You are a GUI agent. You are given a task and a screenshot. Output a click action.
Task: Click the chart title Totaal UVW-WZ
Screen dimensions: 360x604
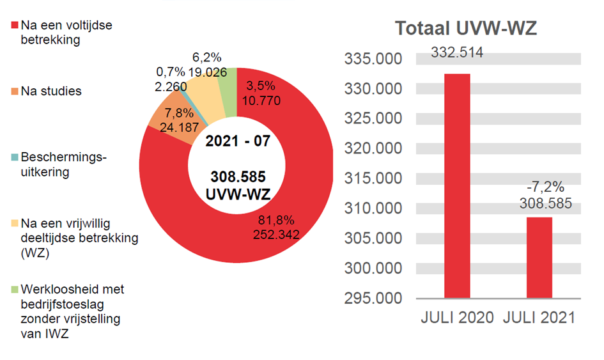(465, 29)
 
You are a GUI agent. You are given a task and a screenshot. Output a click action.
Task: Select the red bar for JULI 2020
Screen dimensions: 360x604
(457, 185)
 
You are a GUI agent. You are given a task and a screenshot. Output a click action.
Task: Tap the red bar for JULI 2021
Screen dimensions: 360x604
(539, 258)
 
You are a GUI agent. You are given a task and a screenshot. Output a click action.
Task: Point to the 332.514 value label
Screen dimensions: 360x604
(457, 52)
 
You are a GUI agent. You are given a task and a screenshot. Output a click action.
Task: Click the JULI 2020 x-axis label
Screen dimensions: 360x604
(457, 318)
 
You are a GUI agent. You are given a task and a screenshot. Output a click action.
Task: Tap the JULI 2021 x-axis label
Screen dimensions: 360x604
(539, 318)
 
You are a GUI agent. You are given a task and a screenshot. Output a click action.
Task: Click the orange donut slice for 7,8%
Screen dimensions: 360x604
(164, 115)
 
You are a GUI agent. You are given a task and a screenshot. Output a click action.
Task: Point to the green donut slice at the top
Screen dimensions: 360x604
(227, 80)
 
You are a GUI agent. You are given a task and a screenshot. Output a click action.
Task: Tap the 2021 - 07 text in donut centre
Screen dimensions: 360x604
(236, 141)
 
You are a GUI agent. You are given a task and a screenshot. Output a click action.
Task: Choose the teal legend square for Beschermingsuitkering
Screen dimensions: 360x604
(15, 157)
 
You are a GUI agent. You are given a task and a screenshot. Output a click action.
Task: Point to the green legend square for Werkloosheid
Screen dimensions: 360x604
(15, 290)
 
